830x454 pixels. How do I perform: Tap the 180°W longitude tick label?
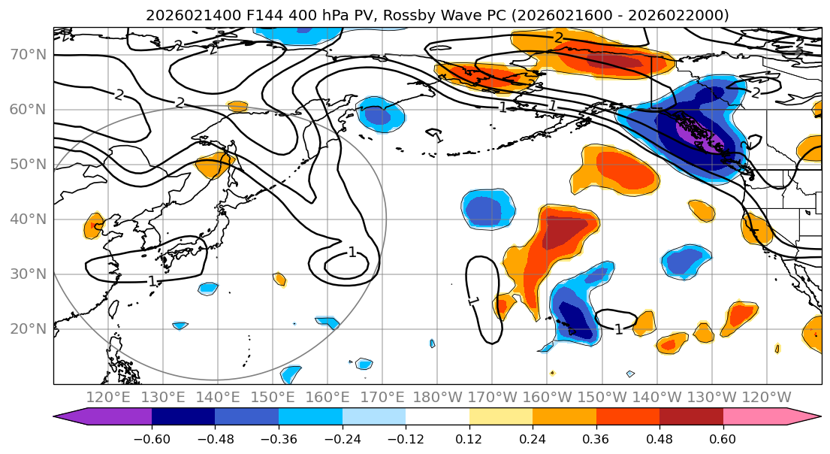437,397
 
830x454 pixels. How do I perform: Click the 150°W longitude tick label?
602,397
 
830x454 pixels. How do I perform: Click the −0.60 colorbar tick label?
152,438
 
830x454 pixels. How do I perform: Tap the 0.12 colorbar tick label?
469,438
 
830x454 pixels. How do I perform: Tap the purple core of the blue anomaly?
695,134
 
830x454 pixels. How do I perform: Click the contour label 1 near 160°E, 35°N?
352,253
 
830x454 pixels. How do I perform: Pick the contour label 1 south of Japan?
152,281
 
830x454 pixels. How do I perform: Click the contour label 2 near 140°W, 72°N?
559,38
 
